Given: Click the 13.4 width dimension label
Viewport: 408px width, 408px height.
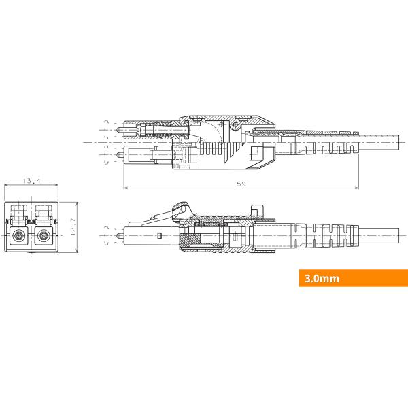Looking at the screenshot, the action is [x=32, y=182].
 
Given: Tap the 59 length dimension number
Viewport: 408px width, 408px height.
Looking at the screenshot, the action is [x=240, y=184].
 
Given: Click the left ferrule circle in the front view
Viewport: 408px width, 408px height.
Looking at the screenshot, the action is [x=20, y=237].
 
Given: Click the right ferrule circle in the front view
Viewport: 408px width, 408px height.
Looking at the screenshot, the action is [x=44, y=237].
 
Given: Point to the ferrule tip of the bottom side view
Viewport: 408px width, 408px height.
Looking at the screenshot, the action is [x=122, y=236].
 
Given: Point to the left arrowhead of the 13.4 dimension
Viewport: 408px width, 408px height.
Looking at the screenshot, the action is [x=7, y=186].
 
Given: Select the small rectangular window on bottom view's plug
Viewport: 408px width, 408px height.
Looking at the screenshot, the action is [x=158, y=236].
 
